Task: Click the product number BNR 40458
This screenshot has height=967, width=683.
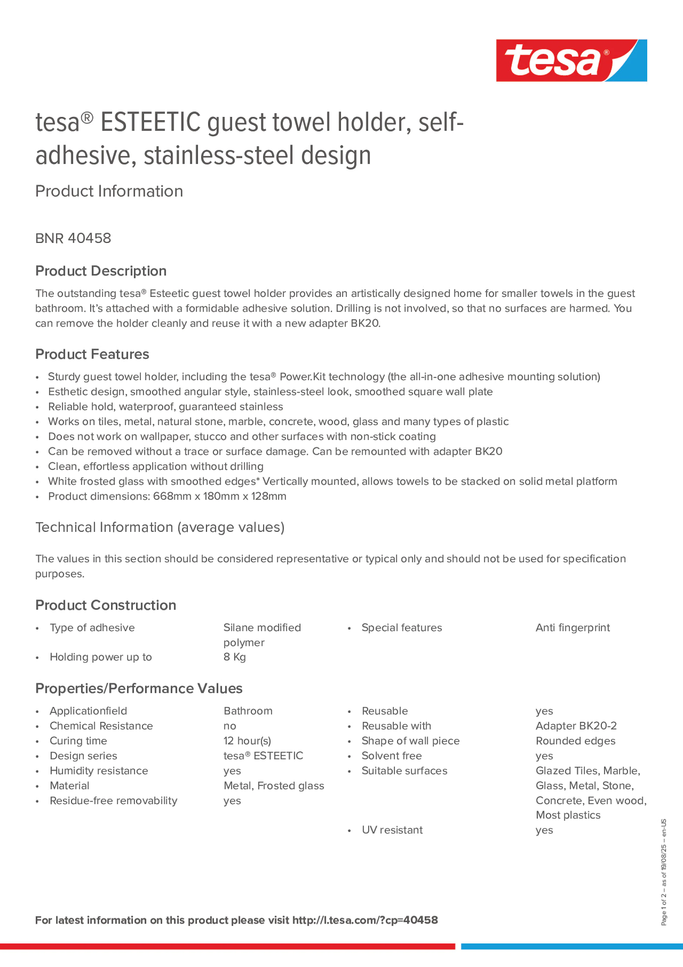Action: coord(73,238)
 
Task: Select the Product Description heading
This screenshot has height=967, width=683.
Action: coord(101,271)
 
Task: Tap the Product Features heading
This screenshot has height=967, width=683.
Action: coord(92,354)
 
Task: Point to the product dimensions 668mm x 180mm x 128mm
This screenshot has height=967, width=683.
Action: coord(219,496)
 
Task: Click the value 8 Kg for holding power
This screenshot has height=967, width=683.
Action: coord(235,657)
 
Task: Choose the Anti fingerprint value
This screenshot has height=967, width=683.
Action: coord(572,627)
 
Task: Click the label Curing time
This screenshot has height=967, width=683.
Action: coord(78,741)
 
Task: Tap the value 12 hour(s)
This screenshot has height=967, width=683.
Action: coord(247,741)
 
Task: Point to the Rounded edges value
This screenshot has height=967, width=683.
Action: coord(575,741)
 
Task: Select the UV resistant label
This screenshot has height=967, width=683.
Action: coord(392,830)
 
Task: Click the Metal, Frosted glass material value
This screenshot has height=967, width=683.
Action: coord(274,786)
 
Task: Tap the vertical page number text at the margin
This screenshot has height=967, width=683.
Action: coord(664,872)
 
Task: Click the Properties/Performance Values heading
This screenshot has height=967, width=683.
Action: coord(139,689)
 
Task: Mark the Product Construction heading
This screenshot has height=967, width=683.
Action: coord(106,605)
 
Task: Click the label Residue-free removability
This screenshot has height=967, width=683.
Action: coord(113,800)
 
